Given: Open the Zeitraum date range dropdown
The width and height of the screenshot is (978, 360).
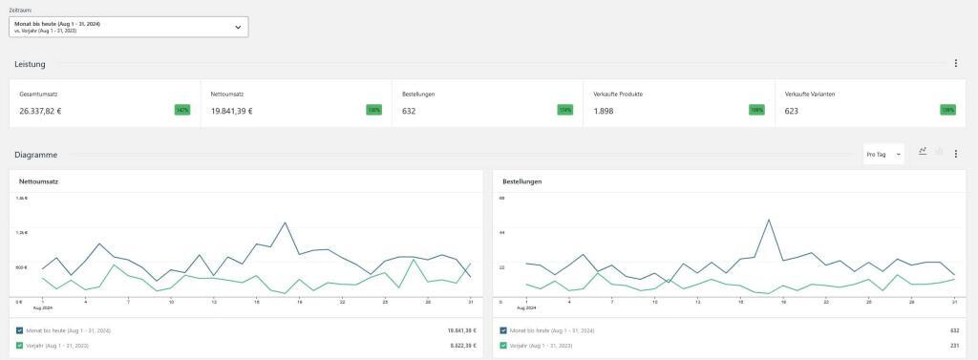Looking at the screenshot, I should click(x=128, y=27).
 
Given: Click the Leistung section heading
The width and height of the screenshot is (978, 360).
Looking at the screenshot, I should click(x=30, y=64).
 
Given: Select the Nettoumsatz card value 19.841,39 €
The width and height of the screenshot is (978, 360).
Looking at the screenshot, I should click(x=232, y=111).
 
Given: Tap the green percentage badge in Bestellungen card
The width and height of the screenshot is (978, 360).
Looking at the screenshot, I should click(x=565, y=110).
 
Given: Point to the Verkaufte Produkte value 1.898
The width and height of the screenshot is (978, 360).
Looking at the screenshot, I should click(x=604, y=111).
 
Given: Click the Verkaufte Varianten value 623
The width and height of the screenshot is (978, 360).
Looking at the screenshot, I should click(x=791, y=111).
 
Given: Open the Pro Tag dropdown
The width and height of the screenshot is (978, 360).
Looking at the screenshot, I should click(x=883, y=154).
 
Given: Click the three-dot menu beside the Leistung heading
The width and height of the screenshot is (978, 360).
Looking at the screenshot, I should click(x=955, y=64).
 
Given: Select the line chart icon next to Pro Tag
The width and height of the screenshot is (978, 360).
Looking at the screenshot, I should click(x=923, y=151).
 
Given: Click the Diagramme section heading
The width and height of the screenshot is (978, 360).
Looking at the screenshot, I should click(x=35, y=154).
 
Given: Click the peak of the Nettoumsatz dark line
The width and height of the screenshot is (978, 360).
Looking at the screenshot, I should click(x=285, y=222).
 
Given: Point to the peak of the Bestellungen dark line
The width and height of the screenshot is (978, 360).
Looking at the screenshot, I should click(x=769, y=219).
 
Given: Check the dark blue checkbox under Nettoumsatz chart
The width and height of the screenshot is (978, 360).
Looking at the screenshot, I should click(x=20, y=330).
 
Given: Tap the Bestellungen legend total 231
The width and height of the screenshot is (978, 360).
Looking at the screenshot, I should click(x=953, y=345).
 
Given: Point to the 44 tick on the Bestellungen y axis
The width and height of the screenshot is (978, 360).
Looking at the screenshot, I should click(x=501, y=232).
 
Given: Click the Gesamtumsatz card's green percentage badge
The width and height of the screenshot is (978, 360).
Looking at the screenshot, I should click(x=181, y=110).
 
